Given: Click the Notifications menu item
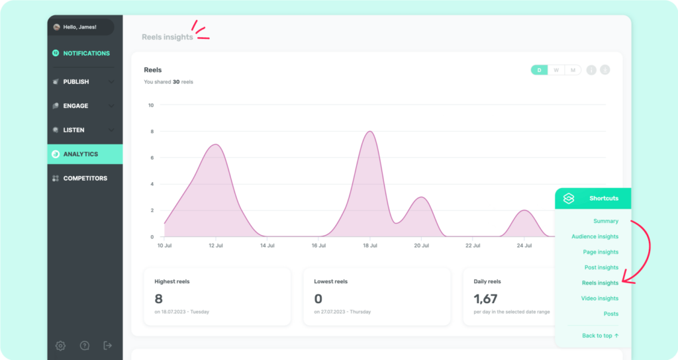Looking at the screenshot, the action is point(81,53).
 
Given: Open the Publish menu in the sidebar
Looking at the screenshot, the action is point(76,81).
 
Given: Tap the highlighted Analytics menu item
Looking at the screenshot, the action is point(85,154).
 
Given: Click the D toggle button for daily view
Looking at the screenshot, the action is point(539,70).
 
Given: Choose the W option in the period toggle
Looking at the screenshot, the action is point(556,70).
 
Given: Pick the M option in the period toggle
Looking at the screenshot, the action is point(573,70).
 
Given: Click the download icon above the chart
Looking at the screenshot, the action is point(605,70).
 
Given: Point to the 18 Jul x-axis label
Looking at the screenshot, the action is point(369,246).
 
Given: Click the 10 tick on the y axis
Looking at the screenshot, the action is point(151,105).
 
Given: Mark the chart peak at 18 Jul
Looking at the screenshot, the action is point(370,132).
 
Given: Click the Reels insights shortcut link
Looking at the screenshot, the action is point(600,283).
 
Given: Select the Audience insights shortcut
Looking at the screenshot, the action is point(595,236).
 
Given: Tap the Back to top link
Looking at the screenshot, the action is point(600,336).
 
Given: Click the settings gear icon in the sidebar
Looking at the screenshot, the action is point(60,345).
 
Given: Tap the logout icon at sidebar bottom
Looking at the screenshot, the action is point(108,345).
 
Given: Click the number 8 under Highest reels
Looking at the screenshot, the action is point(159,298).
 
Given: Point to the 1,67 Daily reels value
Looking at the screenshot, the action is point(485,298).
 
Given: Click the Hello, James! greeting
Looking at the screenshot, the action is point(80,26).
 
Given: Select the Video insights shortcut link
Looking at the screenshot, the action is point(600,298).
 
